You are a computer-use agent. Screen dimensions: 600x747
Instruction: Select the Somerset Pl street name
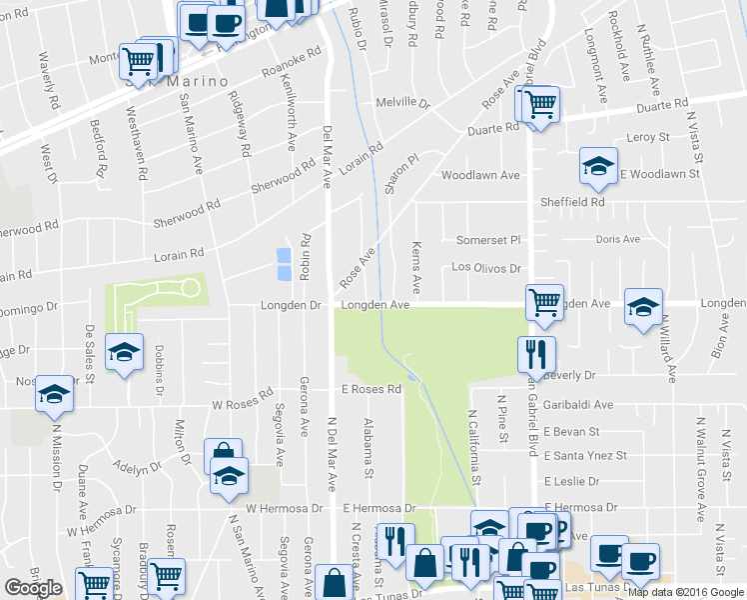tap(489, 240)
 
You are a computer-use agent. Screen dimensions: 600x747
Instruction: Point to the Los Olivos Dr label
tap(487, 268)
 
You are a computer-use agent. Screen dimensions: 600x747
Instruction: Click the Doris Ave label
tap(617, 240)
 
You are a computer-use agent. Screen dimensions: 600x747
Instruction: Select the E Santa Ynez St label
tap(586, 456)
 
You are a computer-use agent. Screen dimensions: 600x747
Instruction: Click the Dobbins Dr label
tap(159, 369)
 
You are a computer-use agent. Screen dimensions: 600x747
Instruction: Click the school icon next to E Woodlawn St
tap(598, 166)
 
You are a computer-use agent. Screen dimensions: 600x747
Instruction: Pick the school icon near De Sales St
tap(125, 352)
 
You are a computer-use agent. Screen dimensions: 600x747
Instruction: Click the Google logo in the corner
tap(33, 588)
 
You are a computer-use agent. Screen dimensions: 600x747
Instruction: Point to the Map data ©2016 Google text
tap(685, 592)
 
